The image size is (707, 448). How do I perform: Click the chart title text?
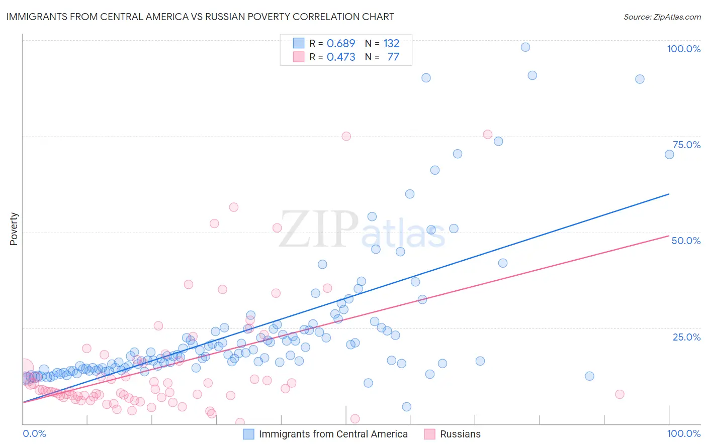point(200,17)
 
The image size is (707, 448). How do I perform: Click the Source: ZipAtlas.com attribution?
point(662,17)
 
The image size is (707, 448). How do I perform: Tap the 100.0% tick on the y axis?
point(683,49)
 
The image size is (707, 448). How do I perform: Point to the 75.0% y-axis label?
point(686,145)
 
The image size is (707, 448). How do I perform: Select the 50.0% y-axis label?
point(686,241)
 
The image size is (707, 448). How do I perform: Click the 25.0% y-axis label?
point(686,337)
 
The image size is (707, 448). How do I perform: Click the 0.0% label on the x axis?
point(34,433)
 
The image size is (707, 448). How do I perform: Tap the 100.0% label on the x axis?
point(683,433)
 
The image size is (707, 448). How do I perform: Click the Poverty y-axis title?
point(14,229)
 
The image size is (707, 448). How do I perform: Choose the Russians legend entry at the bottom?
point(460,434)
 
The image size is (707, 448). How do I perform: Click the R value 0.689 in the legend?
point(341,43)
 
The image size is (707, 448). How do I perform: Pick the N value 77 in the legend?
point(393,57)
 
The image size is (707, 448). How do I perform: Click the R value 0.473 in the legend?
point(341,57)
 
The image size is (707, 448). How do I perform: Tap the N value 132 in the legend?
point(391,43)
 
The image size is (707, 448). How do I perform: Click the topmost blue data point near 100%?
point(525,47)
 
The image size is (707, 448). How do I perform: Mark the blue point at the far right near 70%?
point(669,155)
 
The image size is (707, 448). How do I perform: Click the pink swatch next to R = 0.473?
point(299,57)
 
